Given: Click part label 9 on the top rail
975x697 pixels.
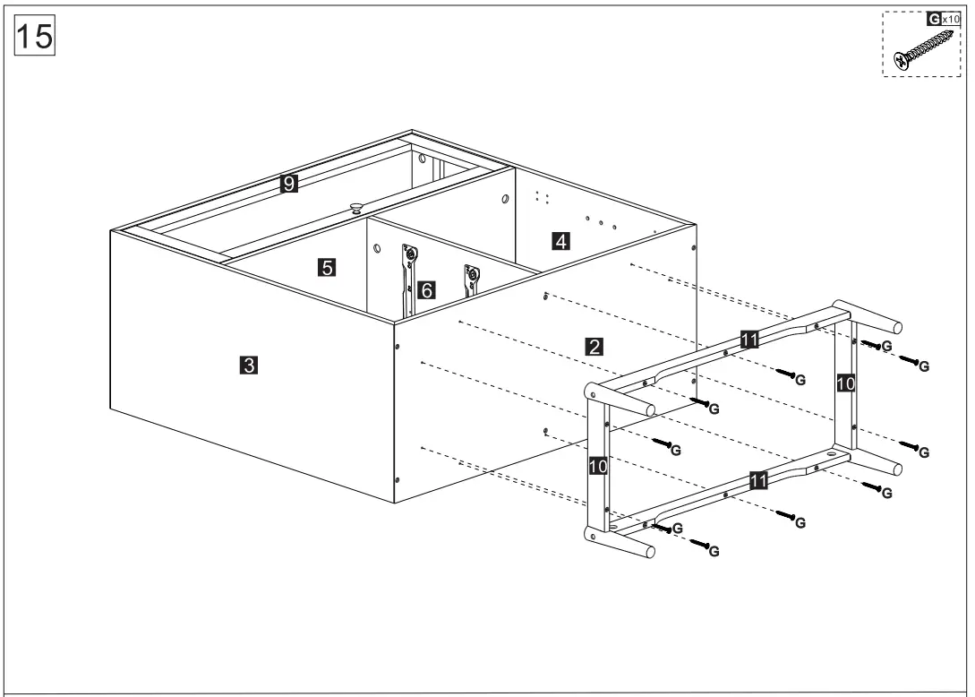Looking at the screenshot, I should pos(288,184).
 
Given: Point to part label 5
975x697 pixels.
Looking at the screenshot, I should pos(327,266).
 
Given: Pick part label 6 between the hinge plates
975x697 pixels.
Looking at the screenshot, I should pos(427,289).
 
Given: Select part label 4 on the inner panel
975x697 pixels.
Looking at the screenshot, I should pos(560,240).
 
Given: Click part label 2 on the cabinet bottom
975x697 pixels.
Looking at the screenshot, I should pos(593,346).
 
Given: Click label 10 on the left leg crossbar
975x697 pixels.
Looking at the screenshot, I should pos(597,466).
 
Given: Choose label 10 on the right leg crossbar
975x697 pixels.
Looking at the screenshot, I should pos(845,383).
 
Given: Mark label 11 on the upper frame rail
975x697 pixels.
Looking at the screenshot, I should pos(750,338).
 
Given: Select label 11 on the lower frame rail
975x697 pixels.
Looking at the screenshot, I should pos(757,481).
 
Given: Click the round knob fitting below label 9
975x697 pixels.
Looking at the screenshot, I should pos(356,208).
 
